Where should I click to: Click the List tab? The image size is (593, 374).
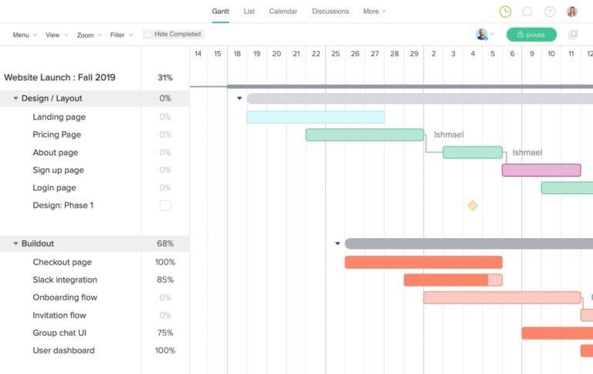(249, 12)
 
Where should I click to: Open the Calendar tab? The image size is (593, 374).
(283, 12)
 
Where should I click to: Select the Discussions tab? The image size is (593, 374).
(330, 12)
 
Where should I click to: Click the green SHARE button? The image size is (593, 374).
(531, 35)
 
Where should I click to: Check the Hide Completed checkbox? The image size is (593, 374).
(148, 35)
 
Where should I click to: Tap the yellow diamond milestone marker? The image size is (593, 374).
(473, 206)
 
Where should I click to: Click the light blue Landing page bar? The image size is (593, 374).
(315, 117)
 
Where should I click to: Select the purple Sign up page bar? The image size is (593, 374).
(541, 170)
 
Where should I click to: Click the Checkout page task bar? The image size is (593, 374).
(423, 263)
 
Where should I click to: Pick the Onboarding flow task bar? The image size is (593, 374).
(502, 297)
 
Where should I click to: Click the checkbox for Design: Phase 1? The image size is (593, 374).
(165, 206)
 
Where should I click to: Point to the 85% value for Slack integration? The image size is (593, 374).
(164, 280)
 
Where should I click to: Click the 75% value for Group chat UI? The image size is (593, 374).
(164, 333)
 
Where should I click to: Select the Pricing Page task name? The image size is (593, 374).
(56, 134)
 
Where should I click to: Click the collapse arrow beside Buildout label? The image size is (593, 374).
(15, 244)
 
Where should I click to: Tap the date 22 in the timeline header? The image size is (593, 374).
(316, 53)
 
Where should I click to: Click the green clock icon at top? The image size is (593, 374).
(505, 12)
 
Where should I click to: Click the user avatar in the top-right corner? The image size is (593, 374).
(572, 12)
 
